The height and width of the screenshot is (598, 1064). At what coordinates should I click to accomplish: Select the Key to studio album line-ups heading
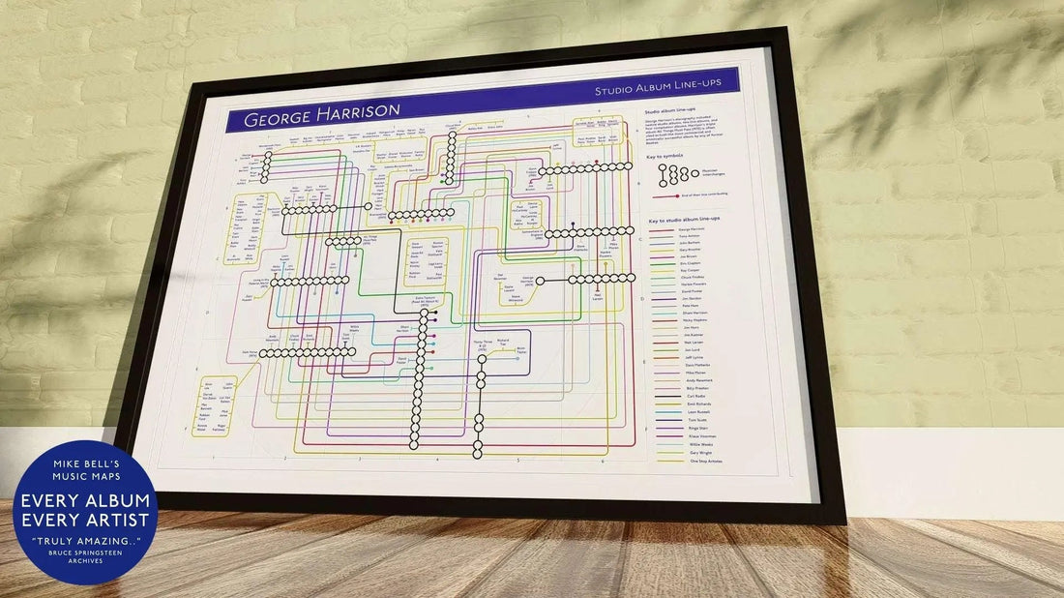(685, 220)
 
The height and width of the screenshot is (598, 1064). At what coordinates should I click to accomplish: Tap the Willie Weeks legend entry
(701, 443)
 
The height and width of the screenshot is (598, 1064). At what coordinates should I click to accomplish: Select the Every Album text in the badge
(85, 500)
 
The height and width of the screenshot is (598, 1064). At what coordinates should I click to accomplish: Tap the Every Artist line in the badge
(85, 521)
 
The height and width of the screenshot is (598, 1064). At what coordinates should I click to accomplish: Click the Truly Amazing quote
(85, 539)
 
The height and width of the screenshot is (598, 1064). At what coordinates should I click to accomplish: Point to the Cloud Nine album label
(451, 127)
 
